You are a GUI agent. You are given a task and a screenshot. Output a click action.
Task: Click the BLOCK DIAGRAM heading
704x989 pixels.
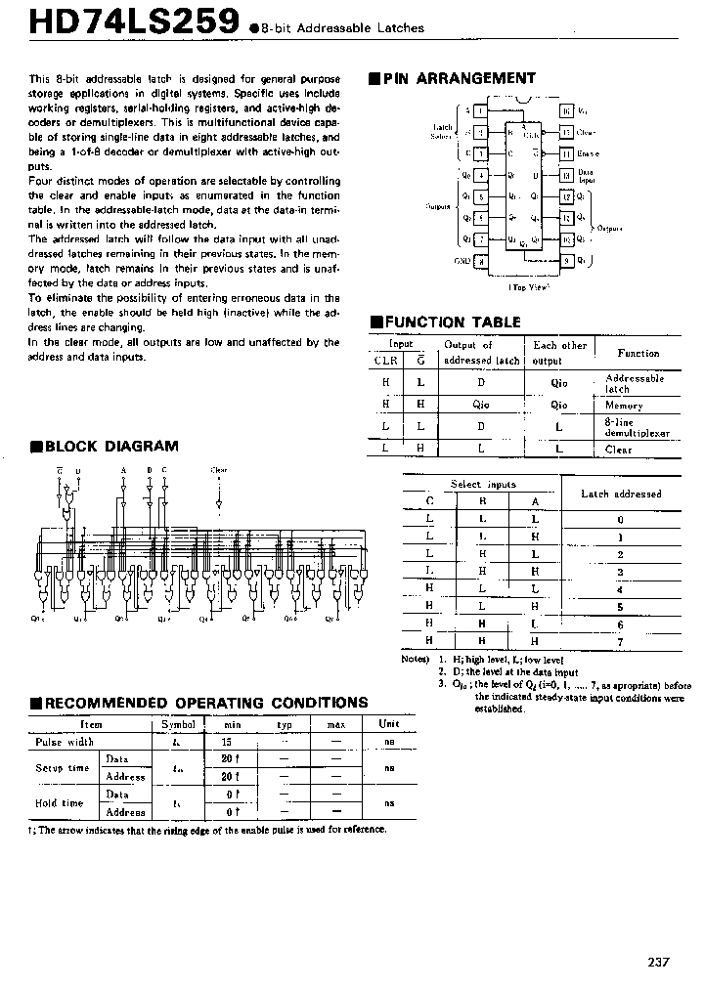point(110,447)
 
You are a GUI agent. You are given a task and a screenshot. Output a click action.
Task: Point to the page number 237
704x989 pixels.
point(658,963)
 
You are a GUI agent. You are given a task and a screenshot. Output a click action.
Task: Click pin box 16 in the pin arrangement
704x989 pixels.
point(566,111)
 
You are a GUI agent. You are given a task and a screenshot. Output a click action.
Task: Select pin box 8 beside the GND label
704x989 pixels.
point(480,261)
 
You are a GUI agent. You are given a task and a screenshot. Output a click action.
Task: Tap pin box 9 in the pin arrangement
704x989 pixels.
point(566,261)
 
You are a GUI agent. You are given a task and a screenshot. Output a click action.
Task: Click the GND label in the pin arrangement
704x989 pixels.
point(462,261)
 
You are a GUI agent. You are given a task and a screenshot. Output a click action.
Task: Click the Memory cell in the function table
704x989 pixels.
point(624,405)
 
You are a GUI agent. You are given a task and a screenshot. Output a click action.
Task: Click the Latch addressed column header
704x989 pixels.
point(621,494)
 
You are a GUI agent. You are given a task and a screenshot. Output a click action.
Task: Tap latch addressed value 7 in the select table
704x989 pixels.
point(620,641)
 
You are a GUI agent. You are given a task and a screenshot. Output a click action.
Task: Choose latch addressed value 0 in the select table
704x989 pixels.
point(620,519)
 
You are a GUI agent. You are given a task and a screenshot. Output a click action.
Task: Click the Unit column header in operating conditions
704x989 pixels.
point(388,724)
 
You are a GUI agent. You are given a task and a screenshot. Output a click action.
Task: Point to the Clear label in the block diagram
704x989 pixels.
point(219,470)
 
